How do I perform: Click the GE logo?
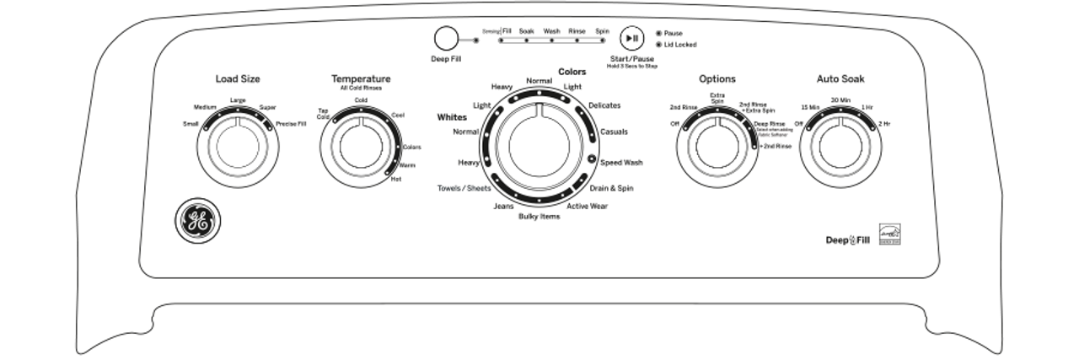[196, 222]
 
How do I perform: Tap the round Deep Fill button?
[445, 39]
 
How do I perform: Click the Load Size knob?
[238, 147]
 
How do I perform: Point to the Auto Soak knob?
[841, 147]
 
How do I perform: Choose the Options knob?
[717, 147]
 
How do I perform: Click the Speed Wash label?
[621, 162]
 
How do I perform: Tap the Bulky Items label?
[539, 217]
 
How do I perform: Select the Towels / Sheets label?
[464, 187]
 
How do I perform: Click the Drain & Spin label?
[611, 188]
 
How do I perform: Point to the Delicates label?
[604, 105]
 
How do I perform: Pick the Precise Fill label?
[291, 124]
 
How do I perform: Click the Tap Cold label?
[323, 114]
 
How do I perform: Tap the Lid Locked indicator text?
[680, 45]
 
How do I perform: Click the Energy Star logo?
[890, 234]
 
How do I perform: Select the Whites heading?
[452, 118]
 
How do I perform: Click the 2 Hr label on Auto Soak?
[884, 124]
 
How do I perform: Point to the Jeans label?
[504, 207]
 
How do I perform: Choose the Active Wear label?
[587, 207]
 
